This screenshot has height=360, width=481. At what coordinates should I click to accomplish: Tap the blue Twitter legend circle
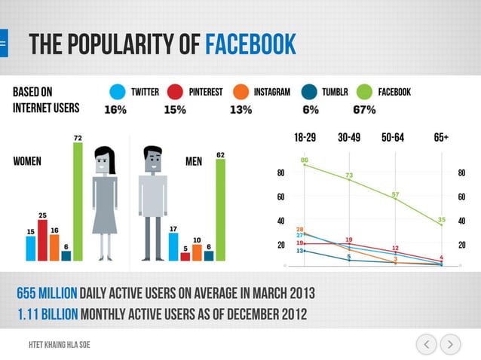click(x=117, y=92)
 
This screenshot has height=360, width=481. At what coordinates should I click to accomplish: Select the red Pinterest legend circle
click(x=175, y=92)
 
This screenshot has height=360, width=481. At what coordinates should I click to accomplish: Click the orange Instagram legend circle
click(x=240, y=92)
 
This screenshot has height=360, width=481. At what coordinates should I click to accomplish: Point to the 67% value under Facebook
click(x=364, y=110)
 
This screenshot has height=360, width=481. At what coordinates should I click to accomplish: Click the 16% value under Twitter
click(x=115, y=110)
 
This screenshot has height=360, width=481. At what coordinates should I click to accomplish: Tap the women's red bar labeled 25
click(x=42, y=239)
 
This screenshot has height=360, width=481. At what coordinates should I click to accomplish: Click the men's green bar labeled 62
click(x=220, y=209)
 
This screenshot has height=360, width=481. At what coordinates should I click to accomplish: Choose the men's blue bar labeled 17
click(x=173, y=247)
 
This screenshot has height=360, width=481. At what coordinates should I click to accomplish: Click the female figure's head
click(x=104, y=160)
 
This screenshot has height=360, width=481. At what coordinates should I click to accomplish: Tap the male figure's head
click(x=153, y=160)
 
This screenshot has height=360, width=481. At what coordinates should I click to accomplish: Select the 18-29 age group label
click(x=305, y=138)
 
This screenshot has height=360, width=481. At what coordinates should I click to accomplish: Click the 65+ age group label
click(x=441, y=138)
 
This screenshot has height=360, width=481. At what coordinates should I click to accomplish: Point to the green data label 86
click(x=305, y=160)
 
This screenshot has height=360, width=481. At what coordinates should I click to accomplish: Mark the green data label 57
click(x=395, y=194)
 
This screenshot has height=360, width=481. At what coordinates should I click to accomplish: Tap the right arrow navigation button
click(x=450, y=345)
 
